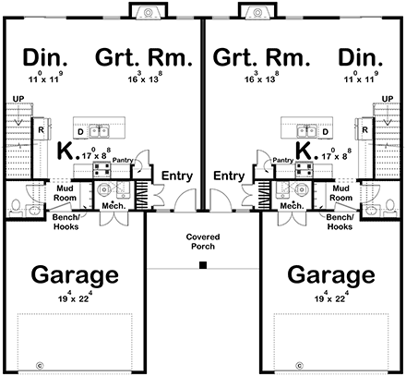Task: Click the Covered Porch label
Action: point(203,242)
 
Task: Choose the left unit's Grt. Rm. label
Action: point(145,58)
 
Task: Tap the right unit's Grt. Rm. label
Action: point(260,58)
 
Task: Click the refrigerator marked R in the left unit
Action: point(42,131)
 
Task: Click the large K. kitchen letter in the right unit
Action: point(303,150)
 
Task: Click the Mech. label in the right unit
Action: point(293,206)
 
